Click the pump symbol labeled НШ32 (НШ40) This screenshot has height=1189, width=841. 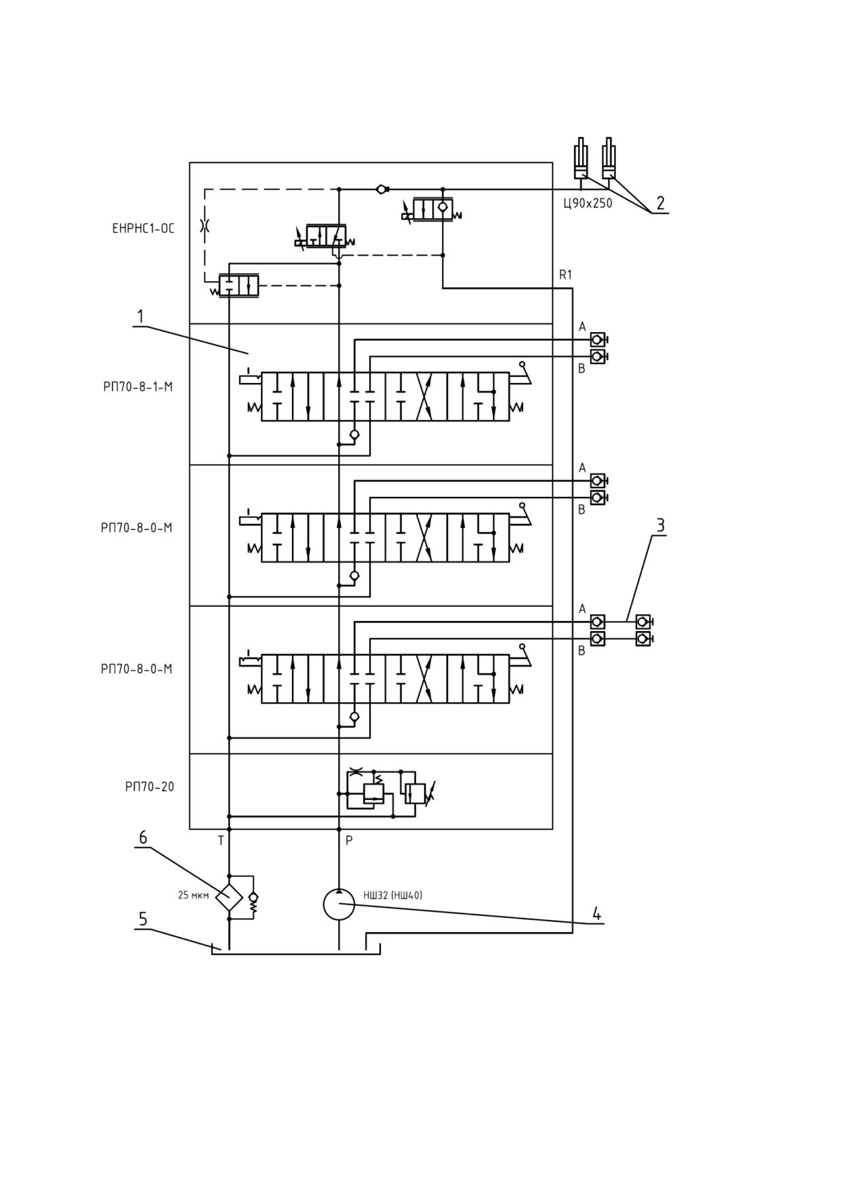(x=339, y=904)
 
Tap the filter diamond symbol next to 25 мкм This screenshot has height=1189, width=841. (x=229, y=898)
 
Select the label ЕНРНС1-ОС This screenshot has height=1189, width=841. (x=143, y=228)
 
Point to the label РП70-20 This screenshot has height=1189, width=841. (x=149, y=787)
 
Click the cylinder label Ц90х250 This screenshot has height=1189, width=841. (x=588, y=203)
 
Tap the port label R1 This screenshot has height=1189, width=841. (x=565, y=275)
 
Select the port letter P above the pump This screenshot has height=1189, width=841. (x=349, y=841)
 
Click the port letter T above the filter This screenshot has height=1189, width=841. (x=221, y=841)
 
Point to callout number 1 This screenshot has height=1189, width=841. (x=140, y=317)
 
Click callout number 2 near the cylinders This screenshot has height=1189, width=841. (x=660, y=203)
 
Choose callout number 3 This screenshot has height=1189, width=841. (x=659, y=525)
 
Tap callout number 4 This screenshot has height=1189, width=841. (x=596, y=913)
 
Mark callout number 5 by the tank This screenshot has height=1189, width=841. (x=143, y=919)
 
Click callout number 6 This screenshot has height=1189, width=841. (x=143, y=837)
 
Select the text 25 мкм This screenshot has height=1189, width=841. (x=193, y=895)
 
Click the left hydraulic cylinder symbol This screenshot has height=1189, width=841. (x=581, y=159)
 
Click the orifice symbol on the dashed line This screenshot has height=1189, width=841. (x=205, y=226)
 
